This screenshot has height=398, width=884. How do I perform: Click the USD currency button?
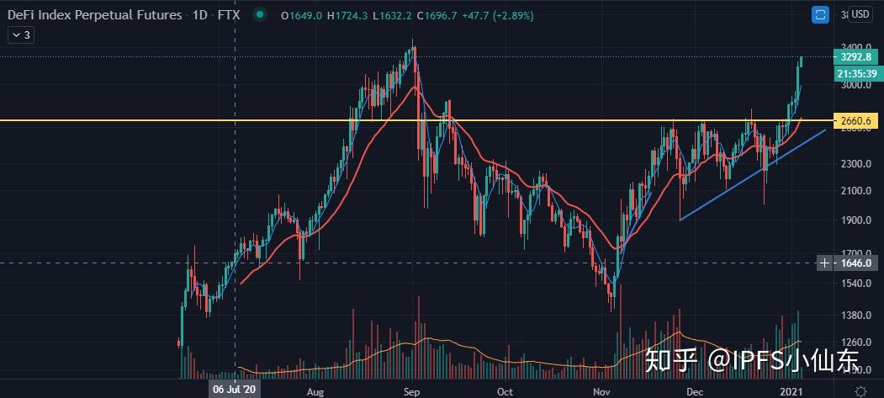pos(860,14)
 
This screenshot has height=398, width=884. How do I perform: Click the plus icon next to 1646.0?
pos(825,263)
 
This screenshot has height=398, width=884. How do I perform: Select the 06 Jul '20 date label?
pos(235,391)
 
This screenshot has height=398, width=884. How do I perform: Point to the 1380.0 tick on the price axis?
pos(854,316)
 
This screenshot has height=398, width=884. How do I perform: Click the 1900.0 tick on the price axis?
pos(854,221)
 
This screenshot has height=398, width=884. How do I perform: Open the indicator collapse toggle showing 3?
pos(21,34)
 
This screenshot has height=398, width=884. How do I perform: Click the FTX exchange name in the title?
pos(228,15)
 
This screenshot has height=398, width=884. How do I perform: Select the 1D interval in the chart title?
pos(200,15)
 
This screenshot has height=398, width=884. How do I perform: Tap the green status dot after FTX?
pos(260,15)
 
